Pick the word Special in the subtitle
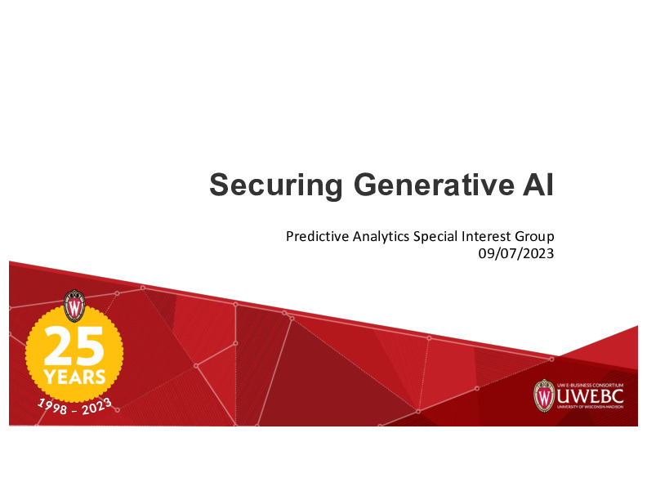point(435,237)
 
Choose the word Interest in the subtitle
point(487,237)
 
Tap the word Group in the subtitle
point(535,237)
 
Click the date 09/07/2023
point(516,253)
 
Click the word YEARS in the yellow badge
point(74,377)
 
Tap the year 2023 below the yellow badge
point(96,401)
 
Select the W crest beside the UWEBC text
point(545,395)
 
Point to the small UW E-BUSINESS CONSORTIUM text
point(590,384)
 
